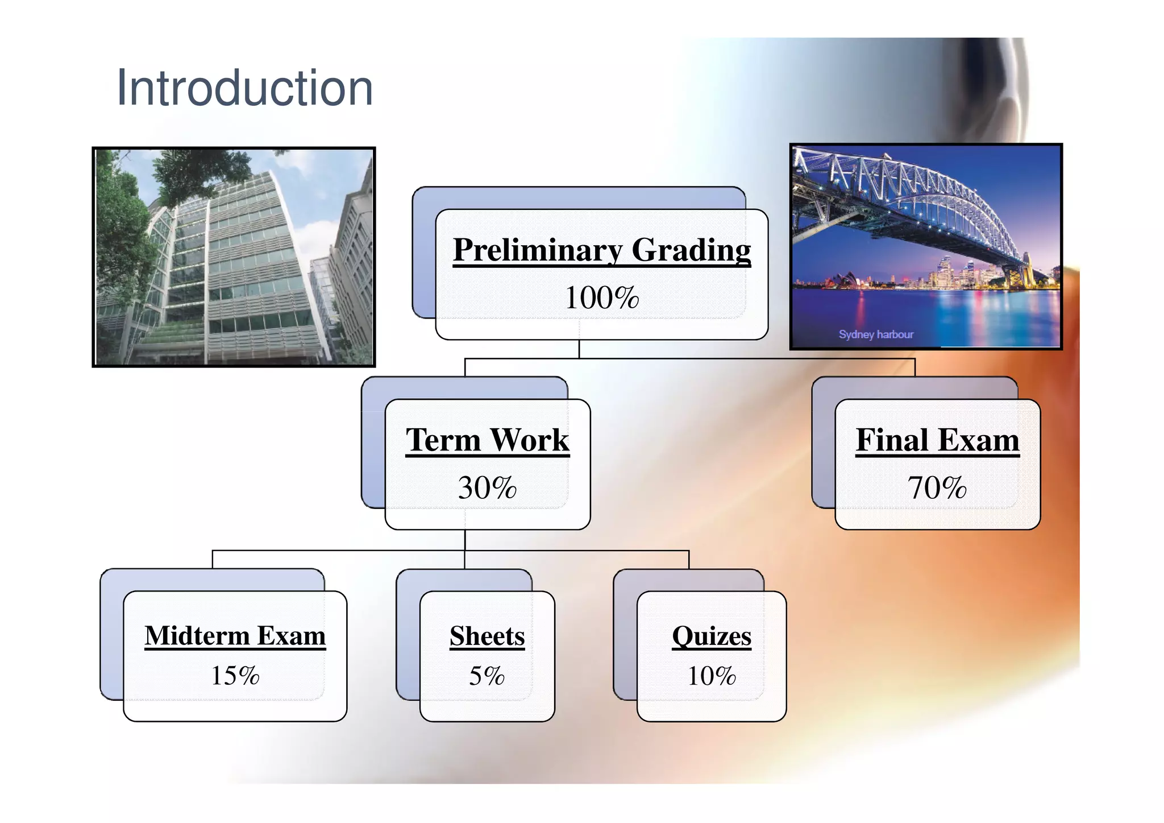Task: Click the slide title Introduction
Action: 244,88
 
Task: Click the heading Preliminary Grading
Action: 601,250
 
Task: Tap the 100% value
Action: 601,298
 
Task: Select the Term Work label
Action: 487,440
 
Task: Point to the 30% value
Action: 487,488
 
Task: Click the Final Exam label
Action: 937,440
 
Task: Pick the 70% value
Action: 937,488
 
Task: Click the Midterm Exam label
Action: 235,636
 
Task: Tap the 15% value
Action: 235,676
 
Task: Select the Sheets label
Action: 487,636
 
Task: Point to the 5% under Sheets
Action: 487,676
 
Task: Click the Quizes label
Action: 711,636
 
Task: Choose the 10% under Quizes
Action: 711,676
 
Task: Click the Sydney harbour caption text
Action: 876,334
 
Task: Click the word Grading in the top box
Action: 691,250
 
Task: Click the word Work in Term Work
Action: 529,440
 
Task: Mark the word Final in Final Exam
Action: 892,440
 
